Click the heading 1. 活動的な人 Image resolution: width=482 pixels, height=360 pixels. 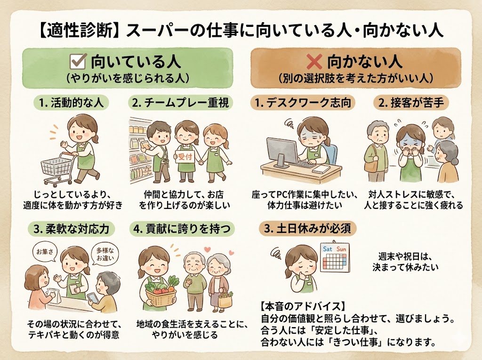[x=71, y=102]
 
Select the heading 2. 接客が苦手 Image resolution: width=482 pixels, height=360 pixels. [x=411, y=102]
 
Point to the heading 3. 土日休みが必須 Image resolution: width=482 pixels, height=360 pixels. [x=308, y=229]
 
